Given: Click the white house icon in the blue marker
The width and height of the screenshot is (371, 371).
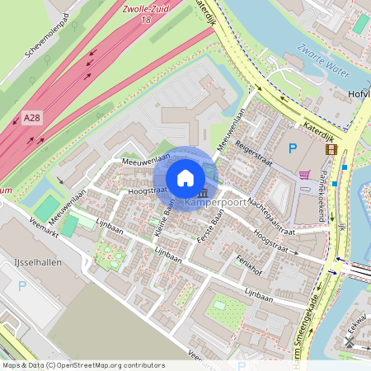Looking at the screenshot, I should [185, 178].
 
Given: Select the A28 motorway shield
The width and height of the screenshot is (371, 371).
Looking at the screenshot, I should [31, 118].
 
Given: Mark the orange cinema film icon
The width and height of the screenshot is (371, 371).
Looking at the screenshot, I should [331, 149].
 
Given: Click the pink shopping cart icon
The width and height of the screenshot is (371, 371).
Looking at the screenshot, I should [305, 175].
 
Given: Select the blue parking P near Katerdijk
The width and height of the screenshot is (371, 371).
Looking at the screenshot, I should [292, 148].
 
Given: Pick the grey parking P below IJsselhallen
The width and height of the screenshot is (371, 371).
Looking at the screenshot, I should [22, 286].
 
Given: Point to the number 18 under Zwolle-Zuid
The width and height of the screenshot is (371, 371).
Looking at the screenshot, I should [147, 19].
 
